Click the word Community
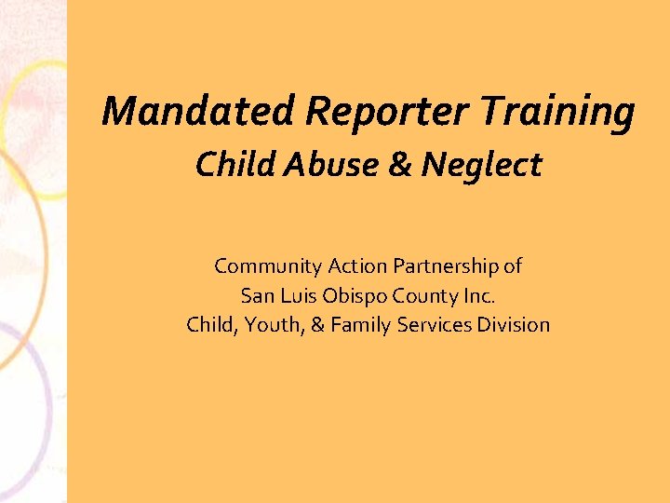coord(268,266)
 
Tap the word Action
coord(357,266)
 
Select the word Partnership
coord(446,266)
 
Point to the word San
coord(256,296)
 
